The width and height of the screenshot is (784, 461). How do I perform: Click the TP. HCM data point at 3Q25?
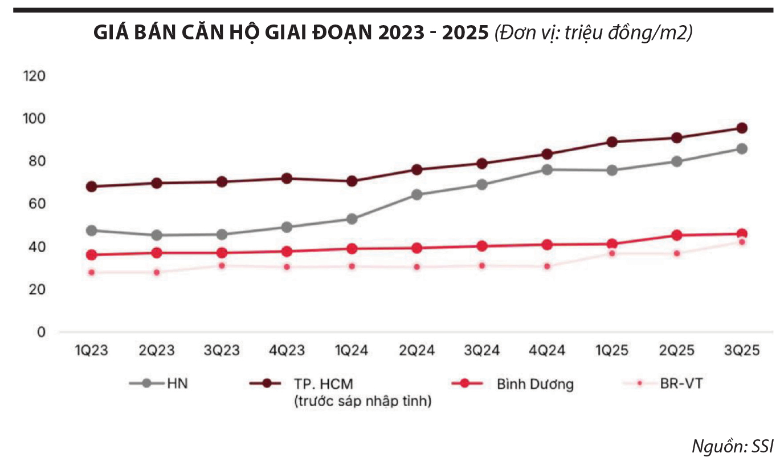[742, 128]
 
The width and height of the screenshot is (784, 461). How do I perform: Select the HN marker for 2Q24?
[417, 195]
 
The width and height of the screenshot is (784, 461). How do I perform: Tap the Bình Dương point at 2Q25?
[677, 235]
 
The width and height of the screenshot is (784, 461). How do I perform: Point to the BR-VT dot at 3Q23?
[222, 266]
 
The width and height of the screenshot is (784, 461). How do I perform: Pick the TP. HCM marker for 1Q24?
[352, 181]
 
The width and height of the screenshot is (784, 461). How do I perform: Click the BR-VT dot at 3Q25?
[742, 242]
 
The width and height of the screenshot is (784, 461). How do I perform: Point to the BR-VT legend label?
[681, 383]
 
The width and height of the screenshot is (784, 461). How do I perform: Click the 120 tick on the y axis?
[34, 76]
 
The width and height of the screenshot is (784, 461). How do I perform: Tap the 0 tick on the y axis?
[41, 332]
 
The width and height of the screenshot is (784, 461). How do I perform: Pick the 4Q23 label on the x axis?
[287, 350]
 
